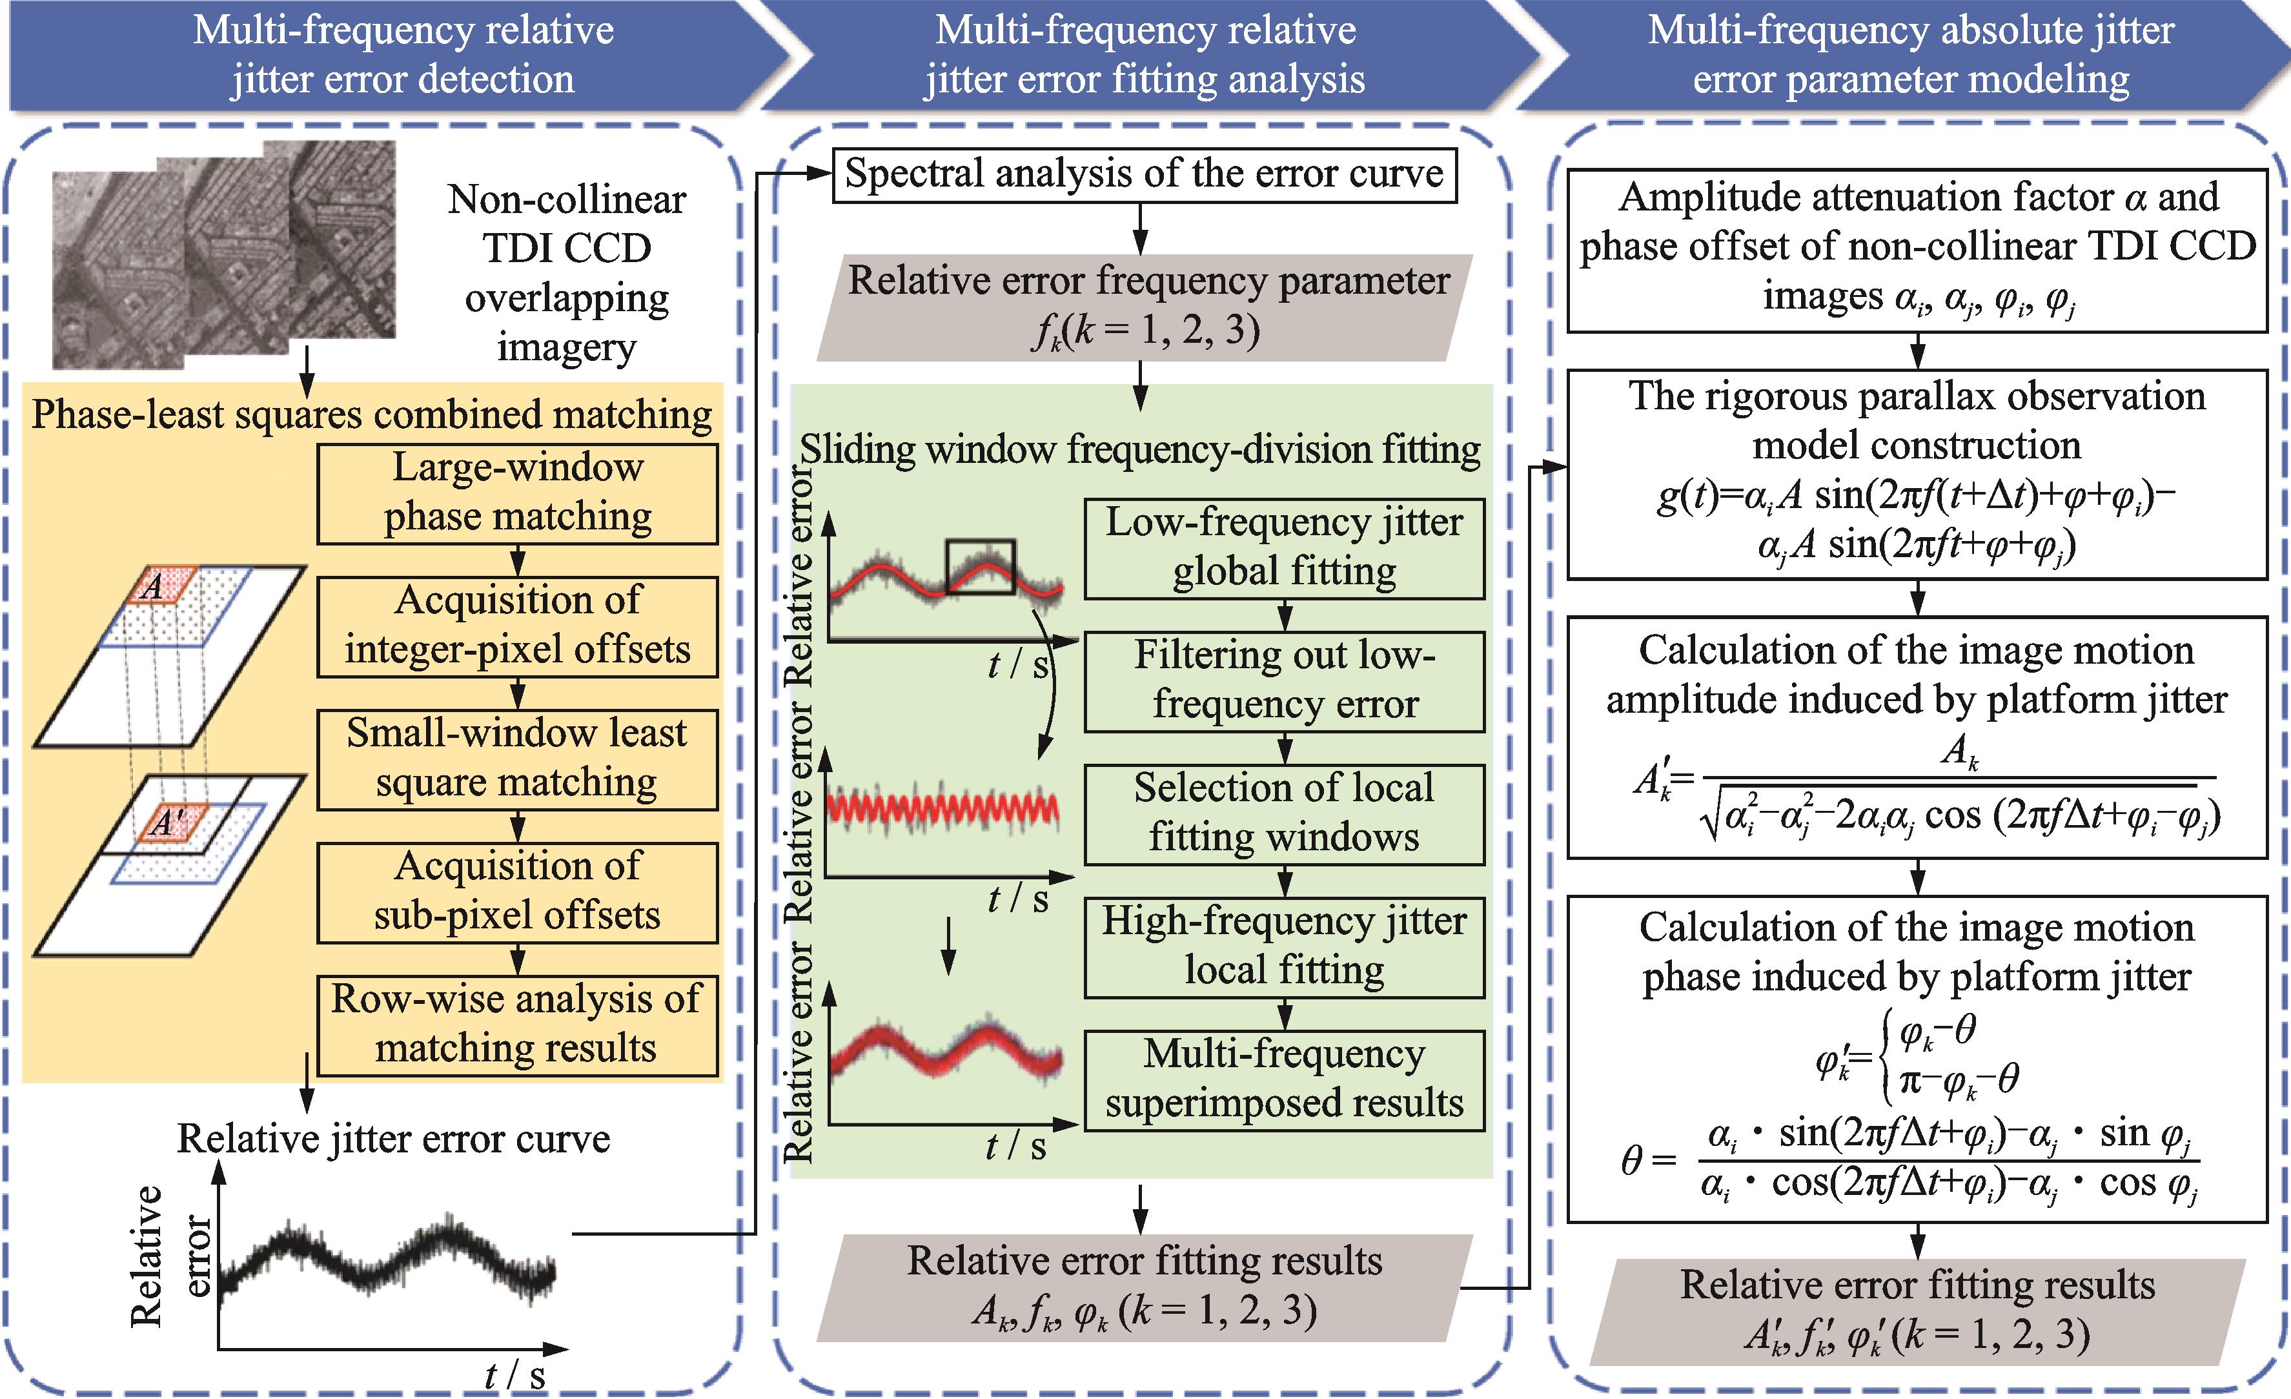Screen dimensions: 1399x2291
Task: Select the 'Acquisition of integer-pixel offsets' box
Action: click(x=517, y=626)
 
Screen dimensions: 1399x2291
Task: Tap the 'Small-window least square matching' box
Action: click(x=517, y=759)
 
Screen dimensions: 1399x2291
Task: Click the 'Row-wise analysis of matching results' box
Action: click(x=517, y=1025)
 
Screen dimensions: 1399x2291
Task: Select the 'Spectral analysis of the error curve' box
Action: click(x=1144, y=175)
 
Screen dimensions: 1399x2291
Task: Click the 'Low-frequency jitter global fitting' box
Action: click(x=1284, y=547)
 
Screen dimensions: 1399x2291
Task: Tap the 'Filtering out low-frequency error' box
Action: click(x=1284, y=680)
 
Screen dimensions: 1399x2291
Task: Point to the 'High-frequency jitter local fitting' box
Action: click(x=1284, y=946)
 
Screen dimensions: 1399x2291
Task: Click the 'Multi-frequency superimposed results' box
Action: click(x=1284, y=1079)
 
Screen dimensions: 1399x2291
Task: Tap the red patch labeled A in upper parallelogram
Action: click(x=160, y=587)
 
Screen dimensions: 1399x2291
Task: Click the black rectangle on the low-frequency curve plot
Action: click(x=980, y=566)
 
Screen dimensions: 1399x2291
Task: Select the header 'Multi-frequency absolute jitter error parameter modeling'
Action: click(x=1911, y=55)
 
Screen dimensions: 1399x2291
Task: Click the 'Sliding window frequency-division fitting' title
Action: click(x=1140, y=450)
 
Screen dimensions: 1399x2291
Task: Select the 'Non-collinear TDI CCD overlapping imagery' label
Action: click(x=566, y=273)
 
